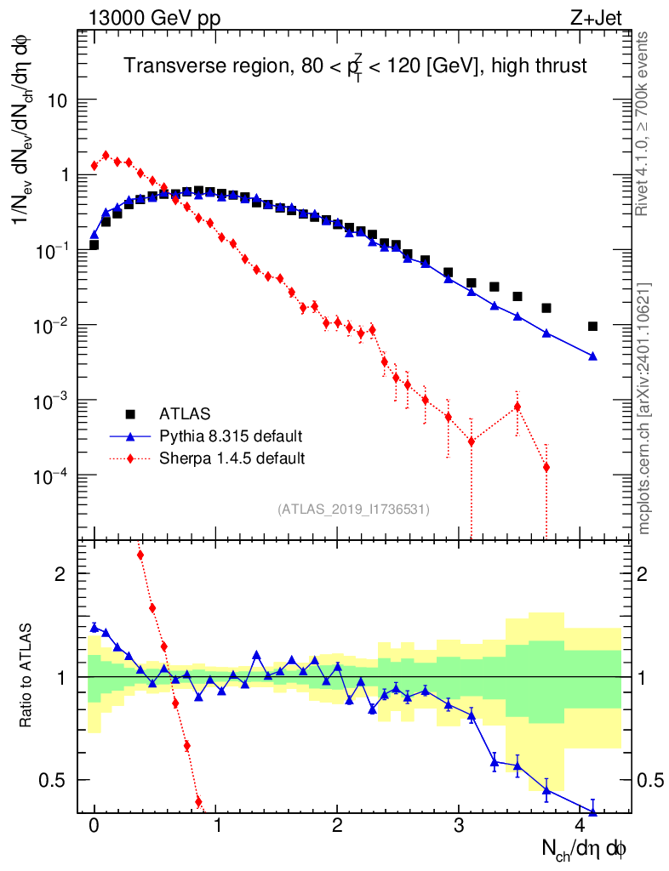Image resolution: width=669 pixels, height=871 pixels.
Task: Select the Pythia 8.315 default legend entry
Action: pyautogui.click(x=230, y=436)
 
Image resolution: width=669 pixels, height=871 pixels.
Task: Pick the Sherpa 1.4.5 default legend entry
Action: pyautogui.click(x=232, y=458)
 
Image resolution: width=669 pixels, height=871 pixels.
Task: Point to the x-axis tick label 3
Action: pyautogui.click(x=459, y=825)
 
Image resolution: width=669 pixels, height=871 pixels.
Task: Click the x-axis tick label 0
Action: pyautogui.click(x=94, y=825)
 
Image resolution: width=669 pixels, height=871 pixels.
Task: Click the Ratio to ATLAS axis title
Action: pyautogui.click(x=26, y=677)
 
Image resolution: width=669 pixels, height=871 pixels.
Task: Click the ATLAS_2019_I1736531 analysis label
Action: pyautogui.click(x=353, y=510)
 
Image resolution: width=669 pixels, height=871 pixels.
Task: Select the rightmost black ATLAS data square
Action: pyautogui.click(x=592, y=326)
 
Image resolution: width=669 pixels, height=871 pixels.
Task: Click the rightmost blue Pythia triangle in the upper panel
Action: pyautogui.click(x=592, y=356)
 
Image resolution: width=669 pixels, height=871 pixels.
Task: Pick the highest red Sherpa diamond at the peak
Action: pyautogui.click(x=106, y=156)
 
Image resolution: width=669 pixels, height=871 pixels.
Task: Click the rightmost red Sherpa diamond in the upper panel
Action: pyautogui.click(x=546, y=467)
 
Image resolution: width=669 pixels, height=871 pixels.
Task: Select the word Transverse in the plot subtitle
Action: pyautogui.click(x=166, y=65)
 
